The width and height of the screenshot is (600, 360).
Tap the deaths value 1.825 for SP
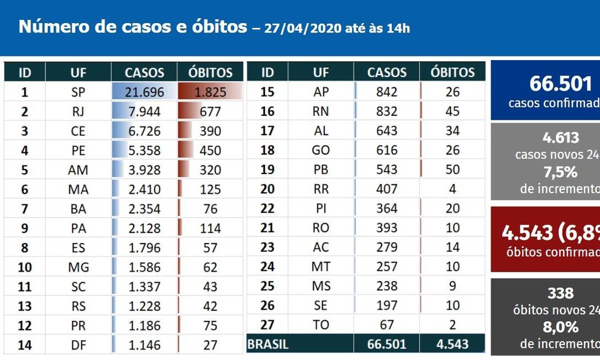[210, 92]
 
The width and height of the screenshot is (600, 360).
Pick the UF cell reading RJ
[78, 112]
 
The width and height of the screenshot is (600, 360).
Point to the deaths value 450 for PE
[210, 151]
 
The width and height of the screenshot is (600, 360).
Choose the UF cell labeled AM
[78, 170]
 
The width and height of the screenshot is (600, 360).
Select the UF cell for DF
[78, 345]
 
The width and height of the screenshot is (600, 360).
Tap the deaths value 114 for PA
[210, 229]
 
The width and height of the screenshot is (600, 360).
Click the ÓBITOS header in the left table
[210, 72]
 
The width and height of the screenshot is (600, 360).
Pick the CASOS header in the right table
[386, 72]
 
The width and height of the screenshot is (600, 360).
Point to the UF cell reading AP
[321, 92]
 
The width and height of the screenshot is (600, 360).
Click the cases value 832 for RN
[386, 112]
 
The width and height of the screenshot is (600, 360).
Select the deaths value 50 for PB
[452, 170]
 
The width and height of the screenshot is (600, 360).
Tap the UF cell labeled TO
[321, 325]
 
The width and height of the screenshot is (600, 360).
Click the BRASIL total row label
[268, 345]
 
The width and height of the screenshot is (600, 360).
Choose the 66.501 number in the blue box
[560, 84]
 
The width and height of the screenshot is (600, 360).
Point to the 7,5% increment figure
[560, 172]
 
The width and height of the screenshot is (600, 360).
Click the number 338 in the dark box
[560, 293]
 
